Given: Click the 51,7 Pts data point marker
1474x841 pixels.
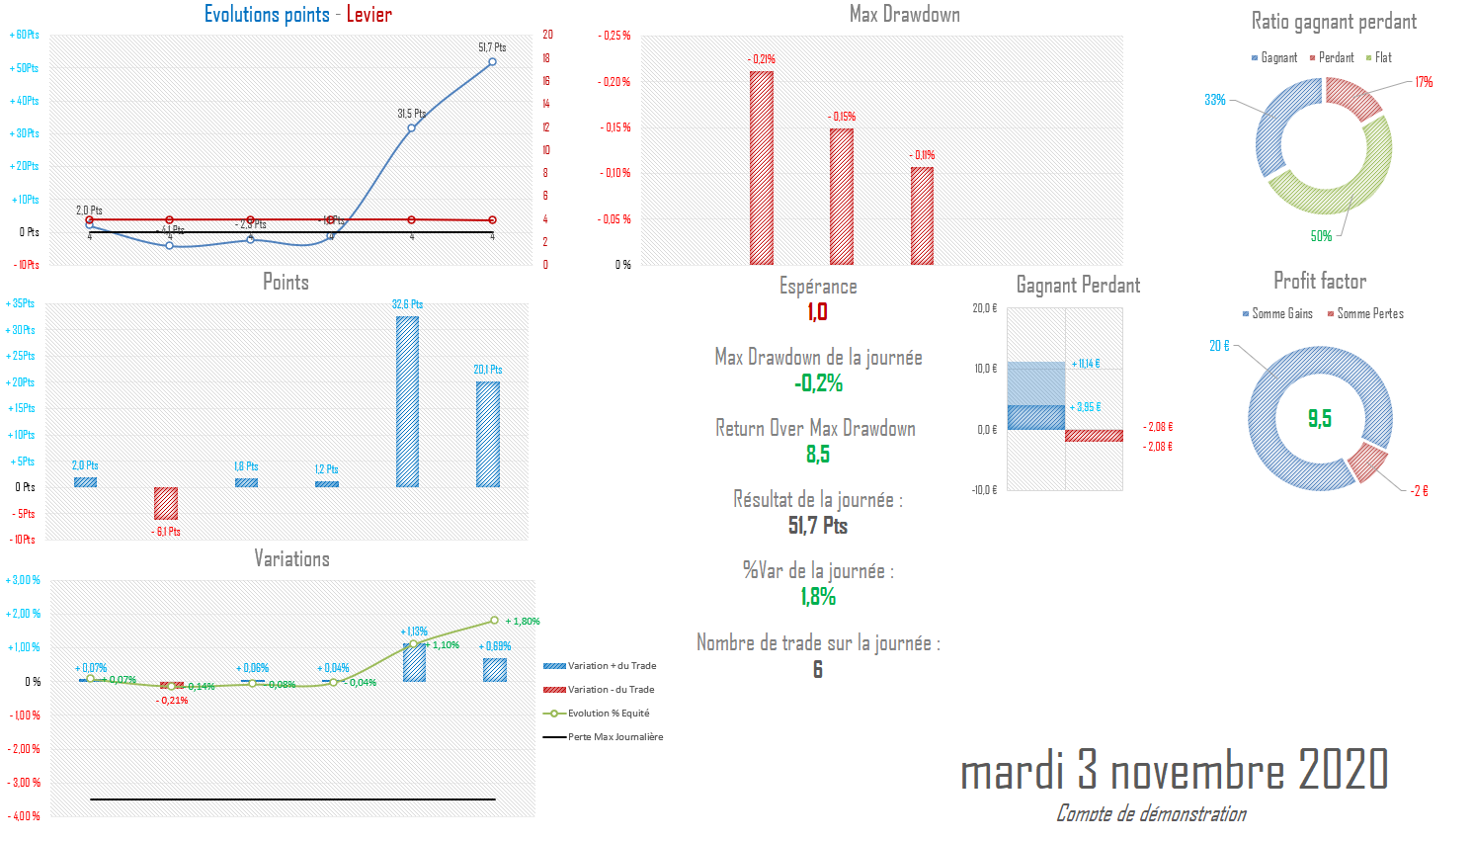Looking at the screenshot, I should tap(492, 62).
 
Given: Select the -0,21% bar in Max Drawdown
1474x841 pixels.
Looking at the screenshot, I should tap(762, 168).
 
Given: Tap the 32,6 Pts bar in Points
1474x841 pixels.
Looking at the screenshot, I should tap(407, 401).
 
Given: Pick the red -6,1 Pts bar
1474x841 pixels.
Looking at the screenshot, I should tap(166, 503).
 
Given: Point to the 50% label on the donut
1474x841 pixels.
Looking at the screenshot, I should tap(1321, 236).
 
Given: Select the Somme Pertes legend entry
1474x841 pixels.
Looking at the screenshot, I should tap(1369, 314).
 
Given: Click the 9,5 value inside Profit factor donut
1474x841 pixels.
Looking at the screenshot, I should tap(1320, 418).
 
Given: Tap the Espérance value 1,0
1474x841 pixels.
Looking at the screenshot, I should tap(817, 312).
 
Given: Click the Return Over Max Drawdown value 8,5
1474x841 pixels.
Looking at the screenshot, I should tap(817, 455).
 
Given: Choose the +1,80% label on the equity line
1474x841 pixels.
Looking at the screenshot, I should tap(523, 622).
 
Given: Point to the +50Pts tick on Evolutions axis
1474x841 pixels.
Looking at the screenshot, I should tap(25, 68).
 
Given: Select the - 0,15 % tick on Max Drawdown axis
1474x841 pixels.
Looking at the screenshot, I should tap(614, 127).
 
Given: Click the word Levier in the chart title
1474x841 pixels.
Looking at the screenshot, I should tap(368, 14).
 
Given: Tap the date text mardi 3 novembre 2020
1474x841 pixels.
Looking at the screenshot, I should tap(1174, 770).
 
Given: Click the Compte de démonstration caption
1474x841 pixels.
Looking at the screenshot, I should tap(1151, 814).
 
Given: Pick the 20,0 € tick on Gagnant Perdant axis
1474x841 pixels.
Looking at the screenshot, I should tap(985, 308).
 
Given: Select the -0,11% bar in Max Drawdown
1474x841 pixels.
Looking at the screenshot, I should tap(922, 215).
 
